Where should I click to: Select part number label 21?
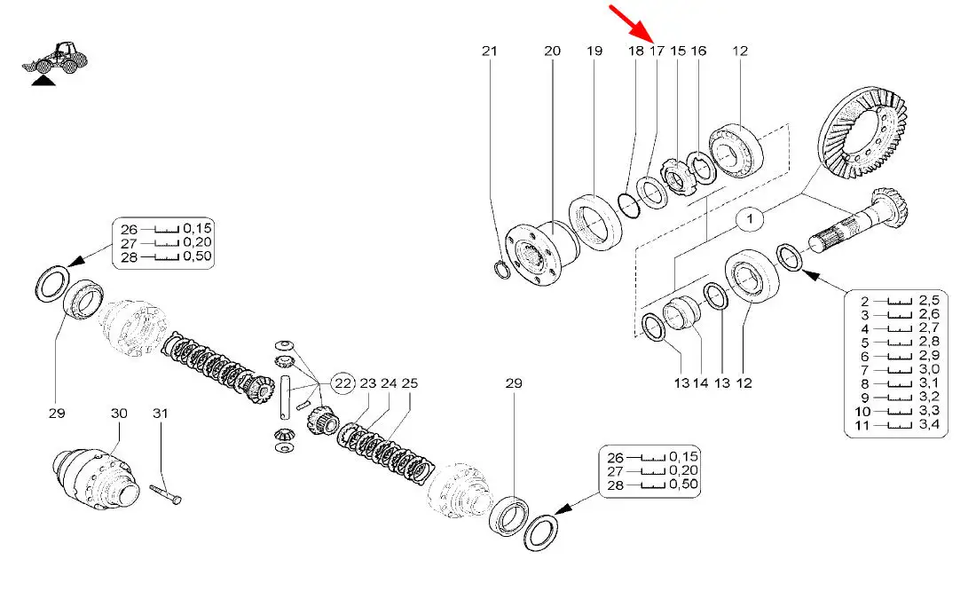(x=490, y=51)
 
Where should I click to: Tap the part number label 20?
(x=552, y=51)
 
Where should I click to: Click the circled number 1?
(x=750, y=216)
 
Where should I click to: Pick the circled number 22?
(x=342, y=383)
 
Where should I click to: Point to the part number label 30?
(x=119, y=413)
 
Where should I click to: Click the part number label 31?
(x=160, y=413)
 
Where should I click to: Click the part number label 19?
(x=594, y=51)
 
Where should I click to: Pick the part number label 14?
(x=700, y=383)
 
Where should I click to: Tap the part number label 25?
(x=409, y=383)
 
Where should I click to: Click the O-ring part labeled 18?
(x=629, y=204)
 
